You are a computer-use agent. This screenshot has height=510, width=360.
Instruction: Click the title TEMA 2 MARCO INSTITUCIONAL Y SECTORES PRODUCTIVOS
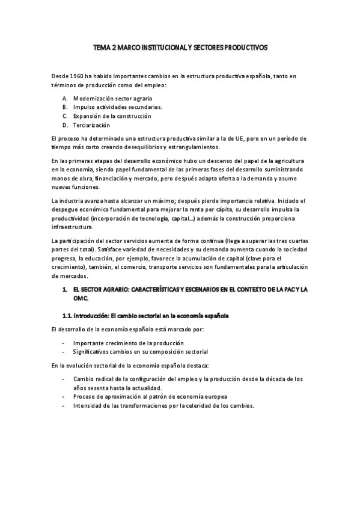tap(180, 46)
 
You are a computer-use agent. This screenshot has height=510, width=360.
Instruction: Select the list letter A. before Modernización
tap(65, 97)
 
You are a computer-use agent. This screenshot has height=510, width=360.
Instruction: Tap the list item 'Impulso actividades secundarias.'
tap(109, 106)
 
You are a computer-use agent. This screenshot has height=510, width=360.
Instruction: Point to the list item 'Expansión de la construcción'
tap(112, 115)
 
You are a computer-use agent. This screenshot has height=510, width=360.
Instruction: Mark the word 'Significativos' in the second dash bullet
tap(91, 351)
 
